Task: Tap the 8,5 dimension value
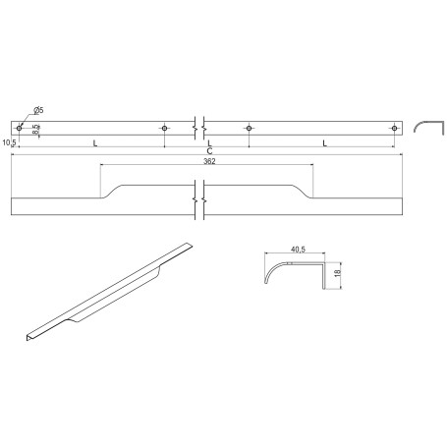pos(36,128)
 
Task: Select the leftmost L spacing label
pos(94,143)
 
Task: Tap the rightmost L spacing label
pos(324,143)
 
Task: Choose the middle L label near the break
pos(209,143)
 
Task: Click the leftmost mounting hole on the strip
pos(19,128)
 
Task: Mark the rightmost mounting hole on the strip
pos(395,128)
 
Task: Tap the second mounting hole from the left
pos(165,128)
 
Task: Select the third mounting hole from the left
pos(250,128)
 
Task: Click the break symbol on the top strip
pos(201,128)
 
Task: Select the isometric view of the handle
pos(108,290)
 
